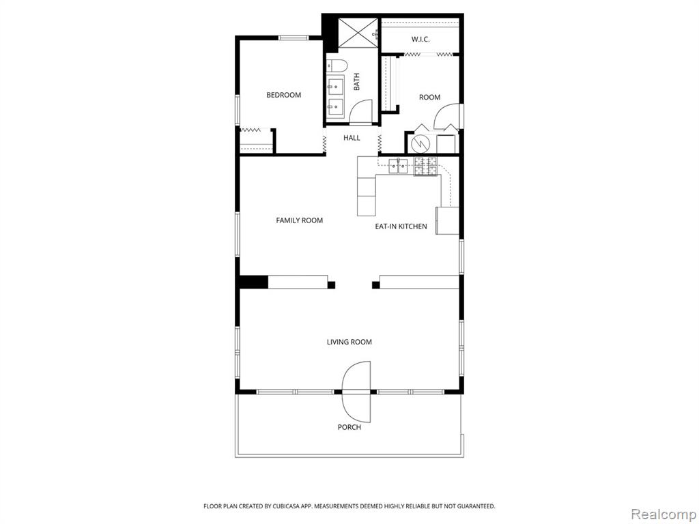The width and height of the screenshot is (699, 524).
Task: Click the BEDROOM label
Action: tap(283, 95)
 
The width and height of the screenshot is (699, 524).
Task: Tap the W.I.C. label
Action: tap(420, 40)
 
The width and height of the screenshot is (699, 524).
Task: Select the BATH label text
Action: tap(356, 82)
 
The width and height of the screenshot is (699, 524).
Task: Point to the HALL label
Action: tap(352, 138)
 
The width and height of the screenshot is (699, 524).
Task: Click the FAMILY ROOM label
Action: tap(299, 220)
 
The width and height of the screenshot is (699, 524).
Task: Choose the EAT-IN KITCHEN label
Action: tap(401, 227)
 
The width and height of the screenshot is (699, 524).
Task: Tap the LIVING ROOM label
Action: tap(349, 343)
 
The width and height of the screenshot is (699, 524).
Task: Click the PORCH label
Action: tap(349, 427)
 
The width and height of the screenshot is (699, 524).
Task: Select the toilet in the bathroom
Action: tap(337, 66)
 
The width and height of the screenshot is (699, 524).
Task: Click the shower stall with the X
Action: tap(358, 32)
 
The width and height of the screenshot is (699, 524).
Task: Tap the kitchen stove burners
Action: tap(426, 166)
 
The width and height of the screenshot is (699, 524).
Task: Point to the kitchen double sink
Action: tap(398, 166)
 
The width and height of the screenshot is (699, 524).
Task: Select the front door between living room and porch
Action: tap(356, 392)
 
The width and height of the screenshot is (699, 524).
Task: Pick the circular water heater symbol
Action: tap(420, 143)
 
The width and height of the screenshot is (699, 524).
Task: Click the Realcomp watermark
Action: tap(664, 514)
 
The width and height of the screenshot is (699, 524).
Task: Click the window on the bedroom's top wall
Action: tap(294, 38)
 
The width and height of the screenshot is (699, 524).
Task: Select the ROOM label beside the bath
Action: tap(430, 97)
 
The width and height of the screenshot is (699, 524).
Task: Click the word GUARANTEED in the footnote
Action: tap(477, 506)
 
